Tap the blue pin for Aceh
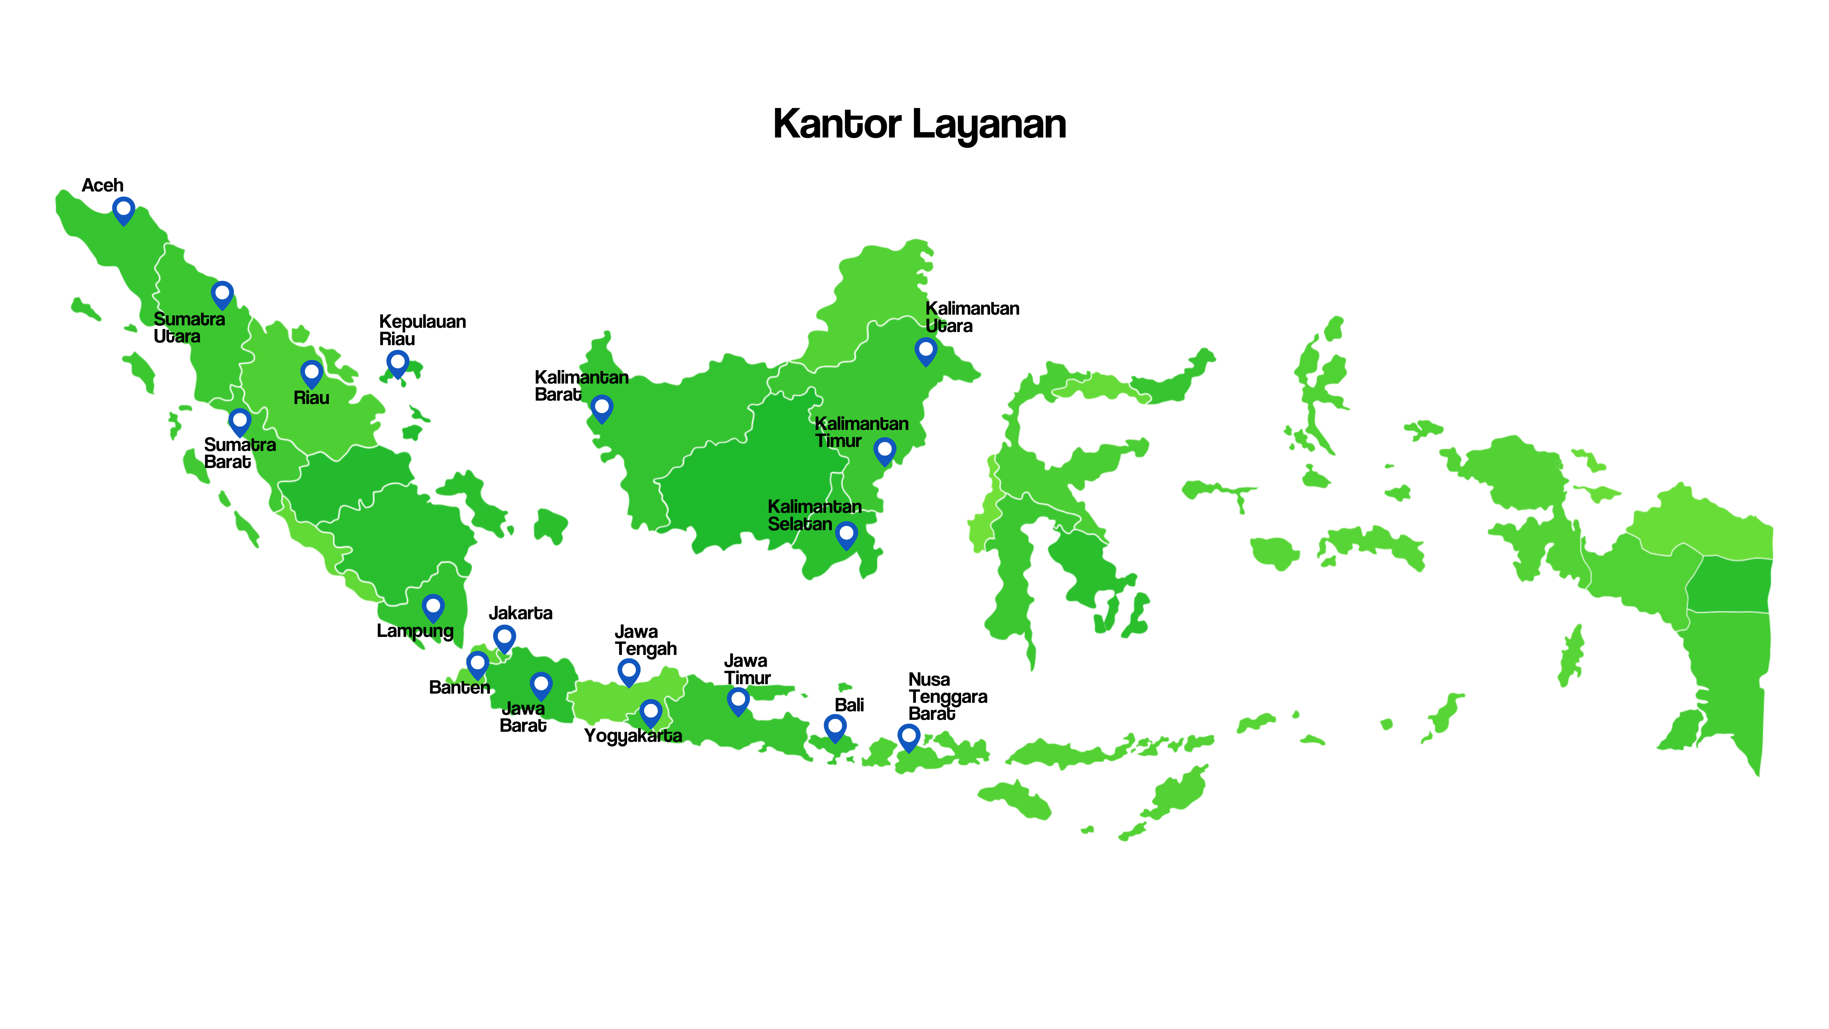123,210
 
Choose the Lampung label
415,631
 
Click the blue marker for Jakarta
504,638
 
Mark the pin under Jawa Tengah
628,671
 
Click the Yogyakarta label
633,736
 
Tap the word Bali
849,705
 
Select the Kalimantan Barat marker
601,408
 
